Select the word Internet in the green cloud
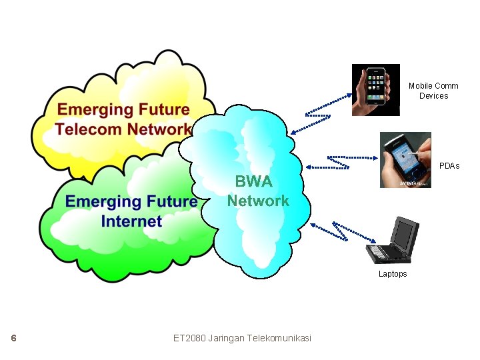(x=131, y=221)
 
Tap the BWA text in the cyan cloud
(x=253, y=182)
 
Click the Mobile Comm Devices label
(x=433, y=91)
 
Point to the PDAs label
(x=449, y=165)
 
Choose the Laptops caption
(x=393, y=274)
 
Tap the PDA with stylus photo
(x=405, y=160)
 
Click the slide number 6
(x=13, y=338)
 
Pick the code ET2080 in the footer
(x=189, y=338)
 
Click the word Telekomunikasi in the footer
(x=279, y=338)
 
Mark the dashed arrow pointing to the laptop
(x=339, y=231)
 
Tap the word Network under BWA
(x=258, y=200)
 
